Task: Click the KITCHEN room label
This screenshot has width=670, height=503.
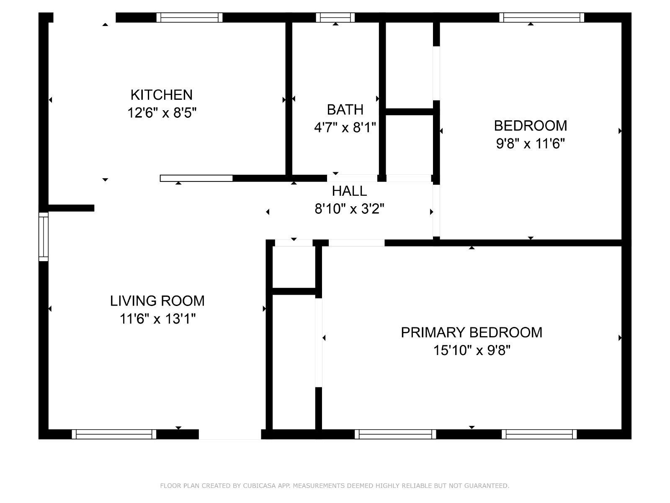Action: tap(162, 95)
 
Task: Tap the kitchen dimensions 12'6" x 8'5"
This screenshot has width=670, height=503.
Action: tap(162, 113)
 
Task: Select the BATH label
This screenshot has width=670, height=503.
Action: tap(345, 110)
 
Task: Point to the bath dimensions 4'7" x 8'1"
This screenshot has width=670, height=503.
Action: tap(345, 127)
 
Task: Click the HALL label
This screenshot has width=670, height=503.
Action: tap(349, 191)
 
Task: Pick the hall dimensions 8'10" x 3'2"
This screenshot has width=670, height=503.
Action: tap(349, 209)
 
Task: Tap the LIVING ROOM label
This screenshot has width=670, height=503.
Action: tap(157, 301)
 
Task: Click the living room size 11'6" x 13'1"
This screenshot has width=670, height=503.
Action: tap(157, 319)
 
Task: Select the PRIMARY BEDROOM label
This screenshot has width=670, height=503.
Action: tap(471, 332)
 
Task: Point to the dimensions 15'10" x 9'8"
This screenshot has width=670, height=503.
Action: tap(471, 350)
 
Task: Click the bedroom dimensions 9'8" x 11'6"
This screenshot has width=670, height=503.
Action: tap(530, 143)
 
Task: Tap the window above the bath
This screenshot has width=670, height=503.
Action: tap(335, 18)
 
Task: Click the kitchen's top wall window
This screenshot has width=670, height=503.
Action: tap(190, 18)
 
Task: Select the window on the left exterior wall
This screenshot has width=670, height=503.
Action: tap(44, 237)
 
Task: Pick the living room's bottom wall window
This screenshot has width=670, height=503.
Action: tap(114, 434)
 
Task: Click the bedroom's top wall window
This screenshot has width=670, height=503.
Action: tap(541, 18)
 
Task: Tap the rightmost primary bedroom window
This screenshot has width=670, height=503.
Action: tap(539, 434)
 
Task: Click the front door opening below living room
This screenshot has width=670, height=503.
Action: tap(230, 434)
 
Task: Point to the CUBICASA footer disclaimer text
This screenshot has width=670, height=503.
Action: tap(335, 485)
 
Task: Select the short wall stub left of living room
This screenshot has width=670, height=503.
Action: tap(71, 208)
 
